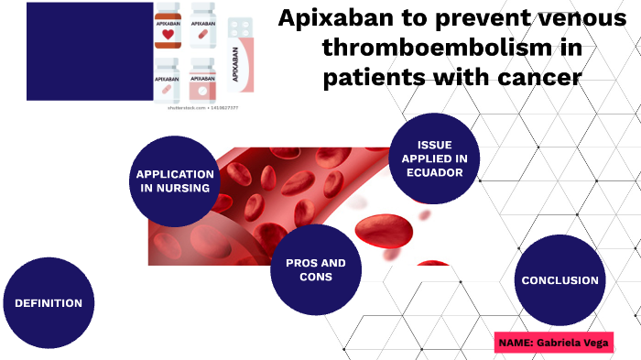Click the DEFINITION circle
click(49, 303)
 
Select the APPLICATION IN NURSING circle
click(175, 181)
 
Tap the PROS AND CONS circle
click(316, 269)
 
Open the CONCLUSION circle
click(560, 280)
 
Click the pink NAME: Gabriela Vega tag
click(553, 343)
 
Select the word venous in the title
click(576, 18)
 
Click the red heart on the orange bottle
click(167, 35)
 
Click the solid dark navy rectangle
click(89, 51)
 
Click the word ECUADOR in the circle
click(434, 172)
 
